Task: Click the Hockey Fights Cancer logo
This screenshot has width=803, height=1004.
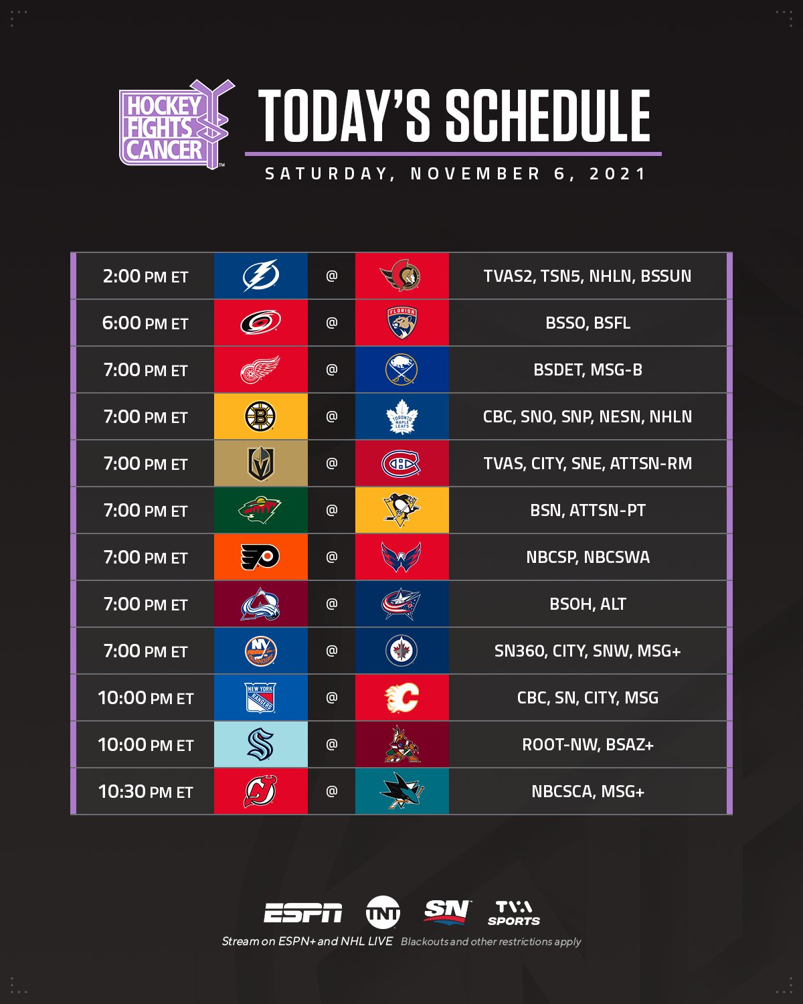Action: coord(175,125)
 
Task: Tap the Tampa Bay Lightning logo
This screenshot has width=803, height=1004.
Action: coord(260,276)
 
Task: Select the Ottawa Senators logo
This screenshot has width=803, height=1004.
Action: coord(401,276)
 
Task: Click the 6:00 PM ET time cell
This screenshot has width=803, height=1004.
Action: coord(145,323)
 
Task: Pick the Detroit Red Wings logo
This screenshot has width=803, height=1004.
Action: coord(260,369)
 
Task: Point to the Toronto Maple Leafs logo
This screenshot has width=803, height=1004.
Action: coord(401,416)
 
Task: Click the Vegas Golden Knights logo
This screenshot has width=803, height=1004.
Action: coord(260,463)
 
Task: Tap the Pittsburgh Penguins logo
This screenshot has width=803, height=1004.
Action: coord(401,510)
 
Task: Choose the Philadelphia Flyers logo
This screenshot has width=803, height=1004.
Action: coord(260,557)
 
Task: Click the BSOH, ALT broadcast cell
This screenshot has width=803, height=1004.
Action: coord(588,604)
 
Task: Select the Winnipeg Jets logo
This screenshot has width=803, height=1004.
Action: coord(401,651)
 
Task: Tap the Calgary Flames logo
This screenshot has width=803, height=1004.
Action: coord(401,697)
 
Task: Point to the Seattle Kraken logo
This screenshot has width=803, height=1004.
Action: coord(260,744)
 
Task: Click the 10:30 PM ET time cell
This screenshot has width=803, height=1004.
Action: coord(145,792)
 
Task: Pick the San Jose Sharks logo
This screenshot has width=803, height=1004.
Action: coord(401,791)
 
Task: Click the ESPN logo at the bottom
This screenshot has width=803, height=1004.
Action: coord(302,913)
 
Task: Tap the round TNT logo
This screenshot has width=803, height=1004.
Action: coord(383,912)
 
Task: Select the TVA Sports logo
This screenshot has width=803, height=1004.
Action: coord(513,913)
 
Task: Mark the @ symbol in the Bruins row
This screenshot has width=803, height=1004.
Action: coord(331,416)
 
